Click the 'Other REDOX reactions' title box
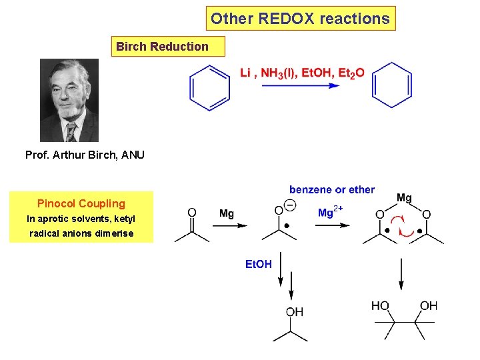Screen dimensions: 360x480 click(300, 19)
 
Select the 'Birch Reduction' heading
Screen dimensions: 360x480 click(162, 46)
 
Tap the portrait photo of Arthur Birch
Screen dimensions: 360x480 click(69, 100)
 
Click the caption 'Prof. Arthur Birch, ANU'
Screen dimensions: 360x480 click(85, 155)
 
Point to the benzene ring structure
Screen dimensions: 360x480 click(209, 87)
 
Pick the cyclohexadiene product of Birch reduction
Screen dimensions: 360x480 click(391, 85)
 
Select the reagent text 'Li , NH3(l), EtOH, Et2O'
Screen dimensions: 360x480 click(302, 73)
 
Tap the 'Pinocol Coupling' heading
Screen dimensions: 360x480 click(81, 203)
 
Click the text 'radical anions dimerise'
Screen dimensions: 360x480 click(81, 233)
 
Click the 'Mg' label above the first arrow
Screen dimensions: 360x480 click(227, 213)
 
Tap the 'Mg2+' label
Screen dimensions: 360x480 click(331, 213)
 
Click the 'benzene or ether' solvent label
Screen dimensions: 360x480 click(332, 190)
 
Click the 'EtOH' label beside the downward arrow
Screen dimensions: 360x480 click(259, 264)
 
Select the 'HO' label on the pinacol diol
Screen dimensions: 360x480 click(380, 305)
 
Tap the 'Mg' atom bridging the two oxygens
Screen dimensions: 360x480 click(404, 198)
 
